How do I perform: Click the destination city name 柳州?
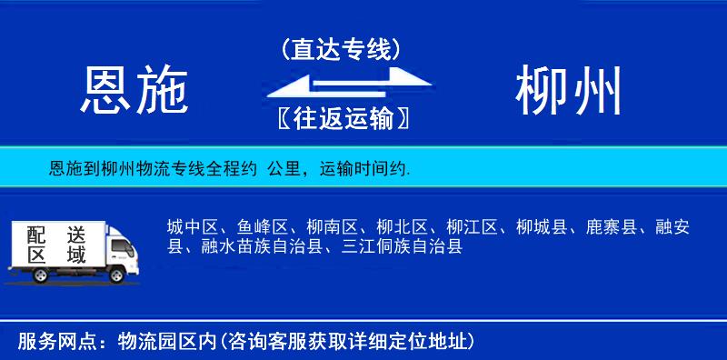pyautogui.click(x=570, y=91)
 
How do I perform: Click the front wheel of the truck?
pyautogui.click(x=116, y=274)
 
